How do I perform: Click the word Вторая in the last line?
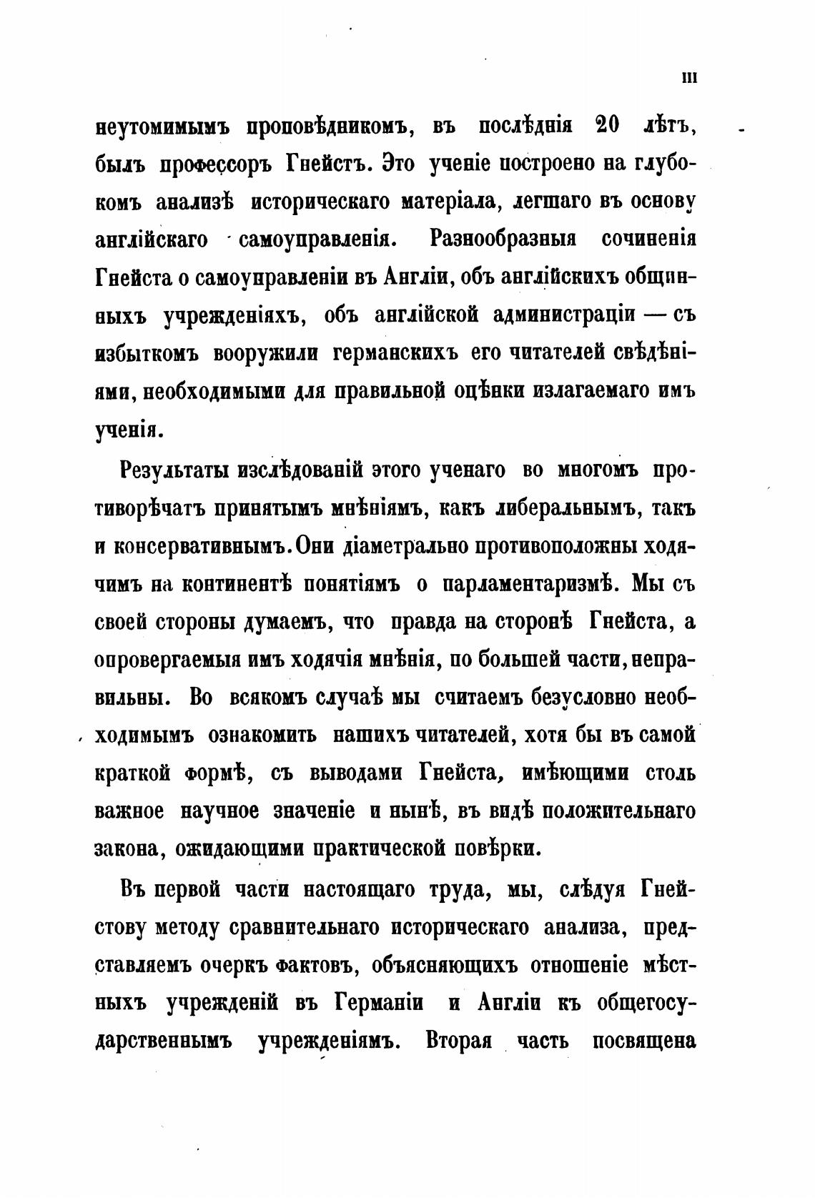pos(458,1041)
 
